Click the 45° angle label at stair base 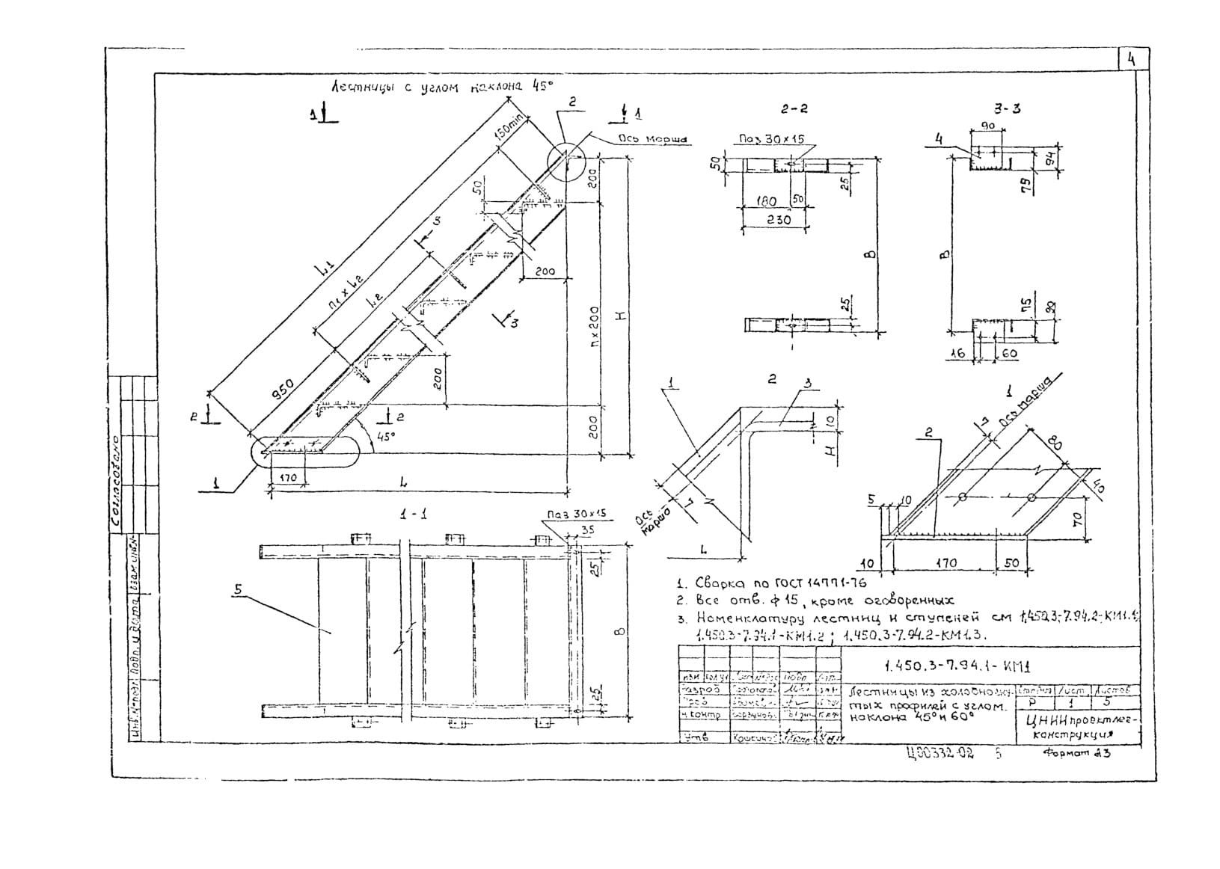tap(387, 436)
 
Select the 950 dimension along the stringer tap(281, 391)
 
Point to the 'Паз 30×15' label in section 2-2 tap(771, 139)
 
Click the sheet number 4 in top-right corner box tap(1132, 60)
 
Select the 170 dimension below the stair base tap(288, 478)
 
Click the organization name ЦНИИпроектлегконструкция tap(1077, 727)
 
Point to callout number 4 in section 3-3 tap(939, 138)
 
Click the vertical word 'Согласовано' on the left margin tap(117, 485)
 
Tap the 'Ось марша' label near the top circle tap(652, 139)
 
